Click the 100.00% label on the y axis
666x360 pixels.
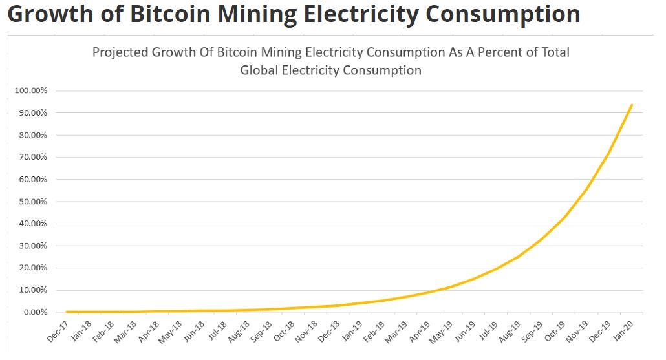click(x=30, y=90)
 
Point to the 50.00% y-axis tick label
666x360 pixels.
click(x=33, y=201)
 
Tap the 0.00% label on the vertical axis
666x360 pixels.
click(x=36, y=312)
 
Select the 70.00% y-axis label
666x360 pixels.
click(x=33, y=157)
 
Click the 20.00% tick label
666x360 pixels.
click(x=33, y=268)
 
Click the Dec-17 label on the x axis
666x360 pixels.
click(x=58, y=331)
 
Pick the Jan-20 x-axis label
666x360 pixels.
click(x=623, y=331)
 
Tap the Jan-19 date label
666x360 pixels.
click(x=352, y=331)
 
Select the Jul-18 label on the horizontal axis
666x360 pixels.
click(x=217, y=331)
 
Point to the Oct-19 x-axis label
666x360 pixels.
click(x=555, y=331)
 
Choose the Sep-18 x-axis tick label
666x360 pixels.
click(x=261, y=331)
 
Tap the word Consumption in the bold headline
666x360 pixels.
click(x=503, y=15)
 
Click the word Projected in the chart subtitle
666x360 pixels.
click(x=121, y=52)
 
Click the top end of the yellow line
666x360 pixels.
click(x=632, y=105)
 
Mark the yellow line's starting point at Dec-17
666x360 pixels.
click(x=67, y=312)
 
